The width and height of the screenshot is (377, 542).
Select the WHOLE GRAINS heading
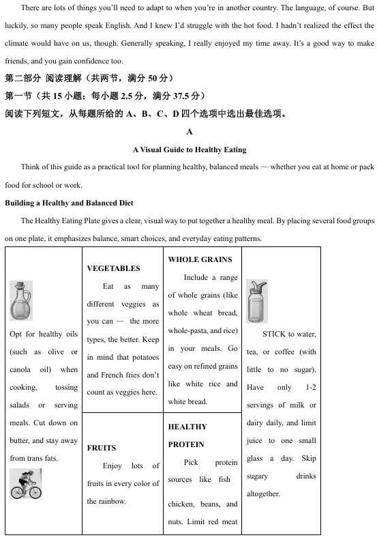click(200, 259)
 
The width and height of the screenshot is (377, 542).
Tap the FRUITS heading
click(102, 448)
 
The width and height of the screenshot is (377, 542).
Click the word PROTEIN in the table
click(187, 444)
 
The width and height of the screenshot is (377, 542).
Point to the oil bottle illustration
click(21, 301)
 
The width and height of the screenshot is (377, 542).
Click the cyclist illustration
click(27, 484)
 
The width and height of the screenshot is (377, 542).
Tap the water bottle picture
click(257, 301)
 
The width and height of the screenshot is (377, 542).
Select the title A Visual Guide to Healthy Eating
click(190, 149)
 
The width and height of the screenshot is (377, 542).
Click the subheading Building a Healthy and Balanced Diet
click(69, 203)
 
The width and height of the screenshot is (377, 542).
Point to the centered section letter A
click(190, 132)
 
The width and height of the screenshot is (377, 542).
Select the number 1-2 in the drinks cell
click(310, 387)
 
